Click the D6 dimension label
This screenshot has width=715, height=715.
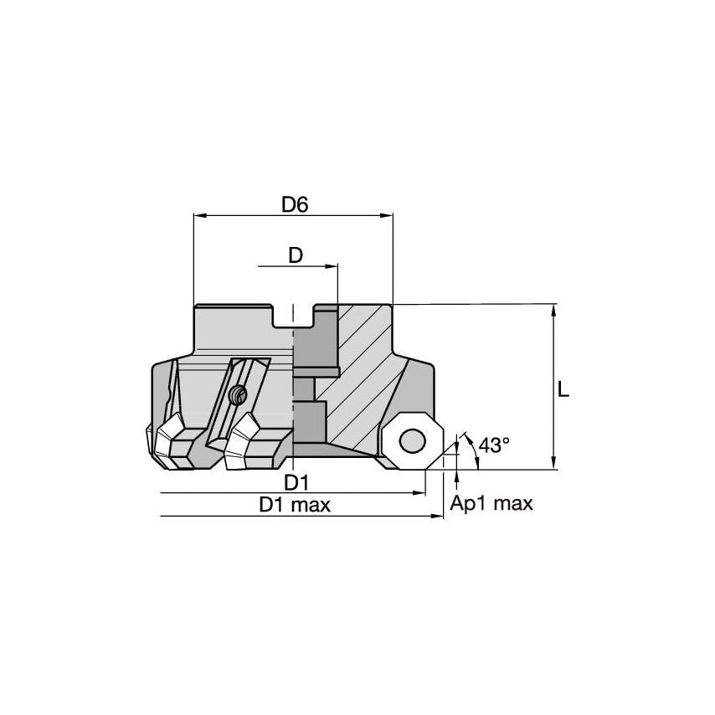(295, 205)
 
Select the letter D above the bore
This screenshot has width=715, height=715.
(296, 255)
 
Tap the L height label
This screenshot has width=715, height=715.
(563, 389)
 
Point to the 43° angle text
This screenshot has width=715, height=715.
(494, 445)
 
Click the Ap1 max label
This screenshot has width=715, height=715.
(491, 504)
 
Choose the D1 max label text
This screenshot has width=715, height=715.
(295, 505)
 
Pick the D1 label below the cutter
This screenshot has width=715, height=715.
(296, 482)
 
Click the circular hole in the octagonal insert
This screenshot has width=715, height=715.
(412, 441)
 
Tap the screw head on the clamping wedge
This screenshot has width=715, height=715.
(238, 394)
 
